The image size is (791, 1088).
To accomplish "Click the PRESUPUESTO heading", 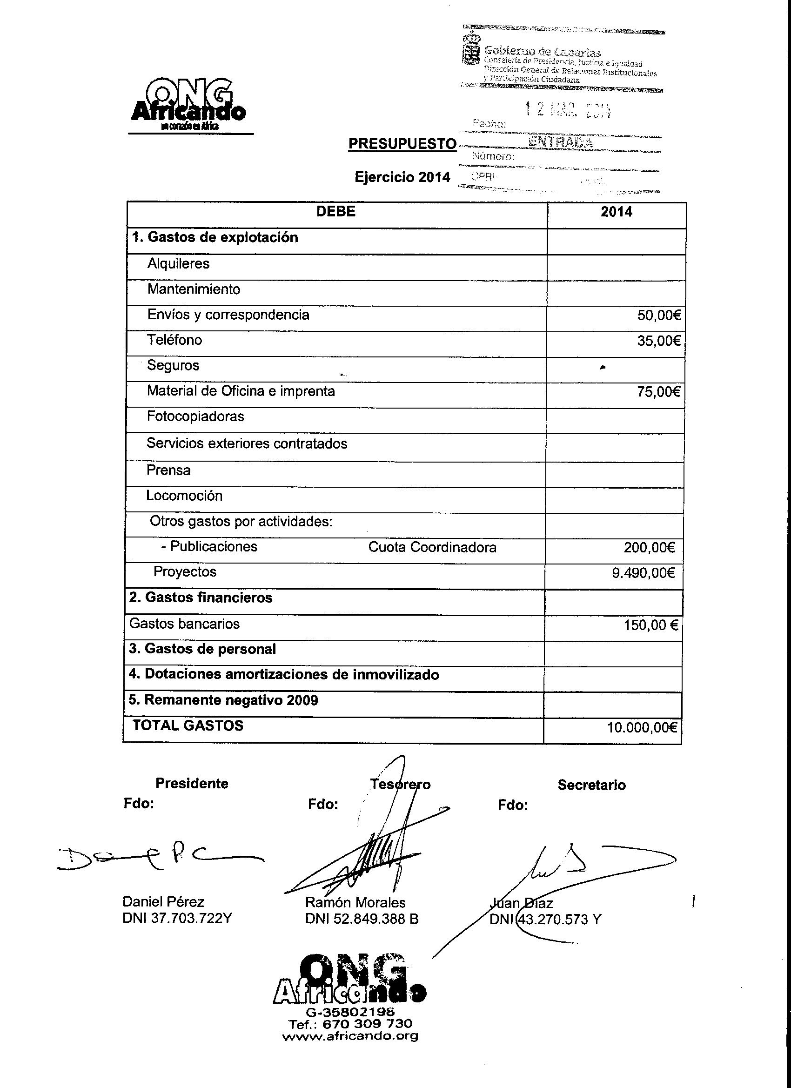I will (x=402, y=144).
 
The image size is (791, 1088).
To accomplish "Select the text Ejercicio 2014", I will (x=402, y=177).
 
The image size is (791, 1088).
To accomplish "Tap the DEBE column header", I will (x=336, y=212).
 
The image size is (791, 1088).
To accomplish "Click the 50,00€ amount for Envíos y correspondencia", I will (x=658, y=315).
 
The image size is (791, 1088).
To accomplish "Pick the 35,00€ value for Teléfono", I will (x=658, y=341).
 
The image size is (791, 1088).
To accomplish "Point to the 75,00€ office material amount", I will (x=658, y=392).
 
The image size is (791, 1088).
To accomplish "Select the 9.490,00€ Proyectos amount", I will (x=643, y=573).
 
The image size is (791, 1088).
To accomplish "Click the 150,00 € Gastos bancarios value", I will (x=650, y=625).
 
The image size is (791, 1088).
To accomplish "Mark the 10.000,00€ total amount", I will (x=642, y=728).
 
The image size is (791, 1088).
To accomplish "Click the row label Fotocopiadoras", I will (x=195, y=416).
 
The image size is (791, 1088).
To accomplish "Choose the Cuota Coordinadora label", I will (x=432, y=547).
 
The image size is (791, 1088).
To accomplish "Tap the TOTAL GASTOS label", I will (x=188, y=725).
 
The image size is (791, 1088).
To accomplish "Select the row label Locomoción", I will (x=184, y=496).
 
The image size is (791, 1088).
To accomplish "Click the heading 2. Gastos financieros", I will (x=201, y=598).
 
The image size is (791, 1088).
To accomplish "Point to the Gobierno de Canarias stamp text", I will (x=542, y=52).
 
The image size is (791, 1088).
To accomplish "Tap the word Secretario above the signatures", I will (x=591, y=786).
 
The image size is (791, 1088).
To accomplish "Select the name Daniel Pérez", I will (x=164, y=902).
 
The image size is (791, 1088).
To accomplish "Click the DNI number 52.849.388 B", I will (x=362, y=919).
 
